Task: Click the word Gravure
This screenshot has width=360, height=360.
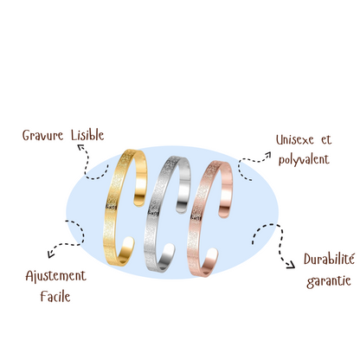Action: (42, 135)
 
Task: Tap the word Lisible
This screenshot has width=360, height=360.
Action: (87, 135)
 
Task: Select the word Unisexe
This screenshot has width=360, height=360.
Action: (294, 139)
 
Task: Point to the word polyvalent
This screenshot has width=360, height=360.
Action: (304, 159)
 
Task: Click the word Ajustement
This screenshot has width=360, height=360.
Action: (55, 276)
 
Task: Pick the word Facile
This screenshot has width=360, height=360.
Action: (55, 296)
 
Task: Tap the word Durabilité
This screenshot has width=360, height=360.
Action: (329, 259)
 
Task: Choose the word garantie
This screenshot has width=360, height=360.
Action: (329, 281)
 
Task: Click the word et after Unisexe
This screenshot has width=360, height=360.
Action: (326, 140)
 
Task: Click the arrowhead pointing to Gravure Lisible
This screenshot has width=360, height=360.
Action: (80, 148)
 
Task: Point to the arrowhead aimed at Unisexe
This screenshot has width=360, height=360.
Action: (267, 155)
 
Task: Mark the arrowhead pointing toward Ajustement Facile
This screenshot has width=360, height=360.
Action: (51, 254)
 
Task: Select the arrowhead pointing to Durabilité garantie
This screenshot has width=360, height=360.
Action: (291, 265)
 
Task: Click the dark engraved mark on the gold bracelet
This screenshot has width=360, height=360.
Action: (112, 207)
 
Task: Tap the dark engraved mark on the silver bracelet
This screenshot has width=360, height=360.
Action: (152, 213)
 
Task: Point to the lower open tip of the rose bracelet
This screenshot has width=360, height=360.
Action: (213, 252)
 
